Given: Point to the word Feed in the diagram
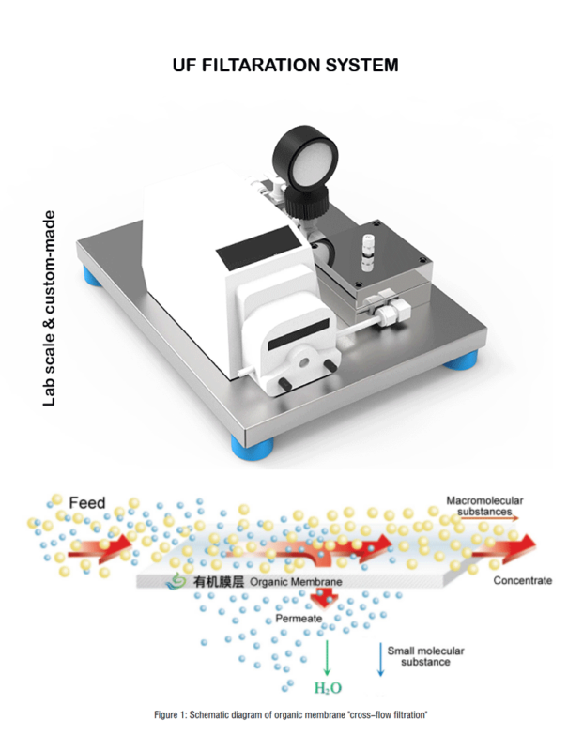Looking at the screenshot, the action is tap(86, 503).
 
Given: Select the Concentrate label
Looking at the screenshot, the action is tap(523, 580).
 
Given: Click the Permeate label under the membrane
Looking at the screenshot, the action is tap(299, 619).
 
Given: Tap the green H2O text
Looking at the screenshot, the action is tap(328, 688).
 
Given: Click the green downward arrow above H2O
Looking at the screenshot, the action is tap(328, 658).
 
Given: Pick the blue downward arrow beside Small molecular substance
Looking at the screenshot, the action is tap(381, 660).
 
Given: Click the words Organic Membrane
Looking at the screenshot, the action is tap(296, 582).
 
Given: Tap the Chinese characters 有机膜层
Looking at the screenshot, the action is tap(219, 582).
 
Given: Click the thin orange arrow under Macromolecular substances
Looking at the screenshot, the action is tap(487, 518).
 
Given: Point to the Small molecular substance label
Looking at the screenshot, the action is tap(425, 656).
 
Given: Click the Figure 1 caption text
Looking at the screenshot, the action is tap(290, 715).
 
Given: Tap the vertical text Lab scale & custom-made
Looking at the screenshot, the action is tap(50, 309).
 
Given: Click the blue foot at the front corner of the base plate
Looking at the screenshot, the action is tap(253, 446).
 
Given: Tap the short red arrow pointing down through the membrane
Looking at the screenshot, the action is tap(324, 598).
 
